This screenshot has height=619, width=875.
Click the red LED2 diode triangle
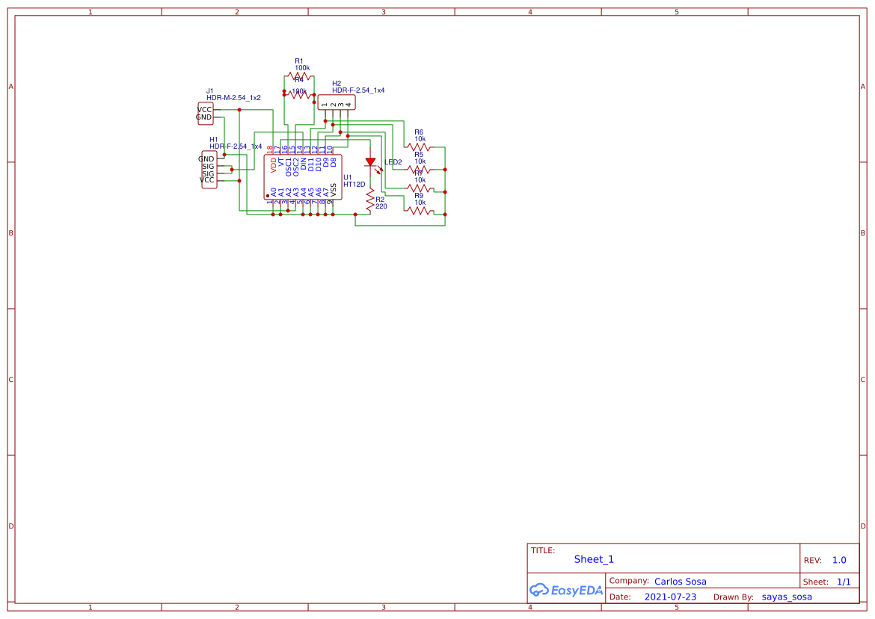coord(370,162)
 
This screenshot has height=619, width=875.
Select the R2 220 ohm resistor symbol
coord(369,200)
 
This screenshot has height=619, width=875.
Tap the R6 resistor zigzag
coord(419,147)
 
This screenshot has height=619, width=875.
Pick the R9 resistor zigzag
coord(419,211)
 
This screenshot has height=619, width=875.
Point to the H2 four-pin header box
coord(337,102)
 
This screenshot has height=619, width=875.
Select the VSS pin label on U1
coord(333,191)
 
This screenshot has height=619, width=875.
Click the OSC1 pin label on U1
coord(288,165)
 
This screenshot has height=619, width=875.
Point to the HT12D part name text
coord(354,184)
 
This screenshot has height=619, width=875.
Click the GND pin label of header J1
coord(204,117)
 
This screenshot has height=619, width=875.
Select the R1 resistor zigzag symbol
coord(298,76)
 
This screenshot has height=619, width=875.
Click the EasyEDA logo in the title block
coord(565,590)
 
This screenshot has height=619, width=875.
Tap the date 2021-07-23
coord(669,597)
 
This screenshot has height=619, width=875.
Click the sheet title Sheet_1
coord(594,559)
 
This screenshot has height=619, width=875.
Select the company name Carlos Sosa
coord(680,581)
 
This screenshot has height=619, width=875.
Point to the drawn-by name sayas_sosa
coord(787,597)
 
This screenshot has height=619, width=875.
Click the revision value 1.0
coord(839,560)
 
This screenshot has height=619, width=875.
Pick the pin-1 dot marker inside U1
coord(268,196)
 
